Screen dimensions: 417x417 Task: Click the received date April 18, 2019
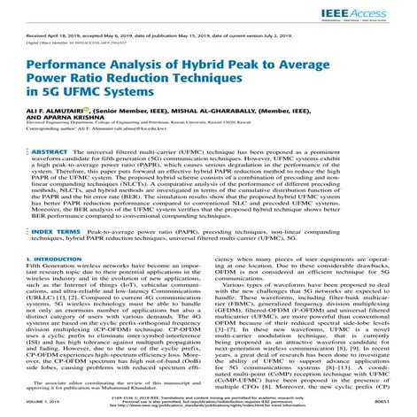pyautogui.click(x=74, y=36)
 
